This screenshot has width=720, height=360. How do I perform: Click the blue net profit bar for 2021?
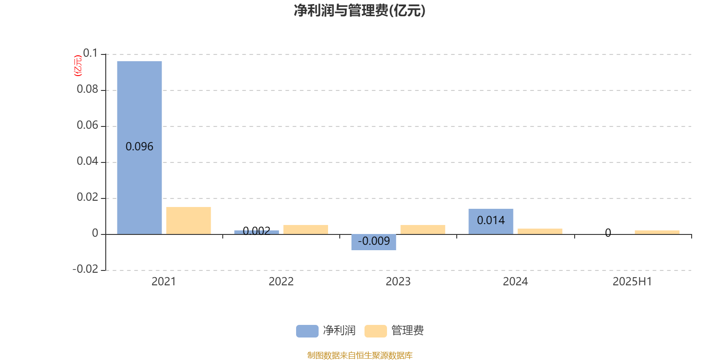[139, 148]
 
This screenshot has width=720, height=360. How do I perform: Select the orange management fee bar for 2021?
[189, 220]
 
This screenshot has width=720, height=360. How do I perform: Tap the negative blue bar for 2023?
[373, 242]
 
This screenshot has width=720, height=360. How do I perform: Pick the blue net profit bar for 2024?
[490, 221]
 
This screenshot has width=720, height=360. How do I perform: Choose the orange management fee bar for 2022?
[306, 229]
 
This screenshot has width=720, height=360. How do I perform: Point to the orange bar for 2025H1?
[657, 232]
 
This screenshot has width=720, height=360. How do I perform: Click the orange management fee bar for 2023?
[423, 229]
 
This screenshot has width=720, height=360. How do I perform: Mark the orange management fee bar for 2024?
[540, 231]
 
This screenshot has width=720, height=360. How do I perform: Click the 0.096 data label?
[139, 147]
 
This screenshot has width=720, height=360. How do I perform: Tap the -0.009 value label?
[373, 241]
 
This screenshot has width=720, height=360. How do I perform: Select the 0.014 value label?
[490, 220]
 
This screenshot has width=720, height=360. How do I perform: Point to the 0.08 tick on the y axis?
[87, 89]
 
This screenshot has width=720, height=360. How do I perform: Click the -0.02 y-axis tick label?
[85, 269]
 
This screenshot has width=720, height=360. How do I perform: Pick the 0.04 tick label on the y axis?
[87, 161]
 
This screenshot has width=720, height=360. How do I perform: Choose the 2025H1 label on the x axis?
[632, 282]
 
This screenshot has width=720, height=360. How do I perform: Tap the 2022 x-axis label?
[281, 282]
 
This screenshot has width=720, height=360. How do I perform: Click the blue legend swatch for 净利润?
[307, 331]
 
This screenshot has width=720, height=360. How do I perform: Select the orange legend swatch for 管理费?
[375, 331]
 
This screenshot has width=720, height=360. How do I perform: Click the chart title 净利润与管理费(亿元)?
[360, 10]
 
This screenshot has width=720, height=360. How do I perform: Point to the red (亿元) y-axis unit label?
[78, 66]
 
